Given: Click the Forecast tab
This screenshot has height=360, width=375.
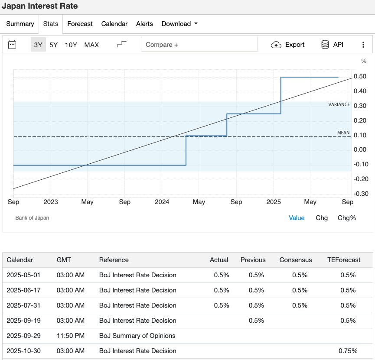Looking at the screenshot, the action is pyautogui.click(x=80, y=24).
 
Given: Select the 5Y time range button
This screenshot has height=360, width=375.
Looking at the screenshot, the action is pyautogui.click(x=53, y=45).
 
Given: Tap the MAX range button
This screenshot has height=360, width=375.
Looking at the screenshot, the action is pyautogui.click(x=91, y=45).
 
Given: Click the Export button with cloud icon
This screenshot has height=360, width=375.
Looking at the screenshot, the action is pyautogui.click(x=287, y=45).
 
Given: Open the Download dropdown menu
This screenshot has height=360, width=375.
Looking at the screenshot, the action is pyautogui.click(x=179, y=24).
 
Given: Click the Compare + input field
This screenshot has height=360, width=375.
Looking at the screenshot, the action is pyautogui.click(x=199, y=44).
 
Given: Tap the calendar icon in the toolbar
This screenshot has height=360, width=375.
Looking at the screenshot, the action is pyautogui.click(x=12, y=45).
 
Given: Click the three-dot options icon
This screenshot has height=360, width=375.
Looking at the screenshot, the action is pyautogui.click(x=363, y=45).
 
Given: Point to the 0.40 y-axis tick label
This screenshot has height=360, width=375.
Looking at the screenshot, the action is pyautogui.click(x=360, y=91).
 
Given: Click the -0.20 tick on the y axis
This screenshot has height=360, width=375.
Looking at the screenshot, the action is pyautogui.click(x=361, y=179).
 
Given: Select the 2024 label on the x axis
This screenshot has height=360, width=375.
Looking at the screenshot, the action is pyautogui.click(x=162, y=202).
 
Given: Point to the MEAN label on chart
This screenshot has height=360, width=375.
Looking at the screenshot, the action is pyautogui.click(x=343, y=133).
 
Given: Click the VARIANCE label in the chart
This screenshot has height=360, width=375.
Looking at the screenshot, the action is pyautogui.click(x=339, y=104).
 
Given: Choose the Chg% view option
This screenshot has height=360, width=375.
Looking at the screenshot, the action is pyautogui.click(x=347, y=218).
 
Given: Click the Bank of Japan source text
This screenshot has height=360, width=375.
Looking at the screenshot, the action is pyautogui.click(x=32, y=218).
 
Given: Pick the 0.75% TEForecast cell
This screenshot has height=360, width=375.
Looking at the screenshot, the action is pyautogui.click(x=348, y=351).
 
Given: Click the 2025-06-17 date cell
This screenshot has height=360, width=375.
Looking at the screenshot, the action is pyautogui.click(x=23, y=290).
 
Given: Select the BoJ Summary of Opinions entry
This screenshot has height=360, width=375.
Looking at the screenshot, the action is pyautogui.click(x=137, y=336).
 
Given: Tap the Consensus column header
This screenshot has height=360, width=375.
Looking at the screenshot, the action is pyautogui.click(x=296, y=260).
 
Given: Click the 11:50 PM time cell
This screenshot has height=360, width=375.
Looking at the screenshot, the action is pyautogui.click(x=71, y=336).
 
